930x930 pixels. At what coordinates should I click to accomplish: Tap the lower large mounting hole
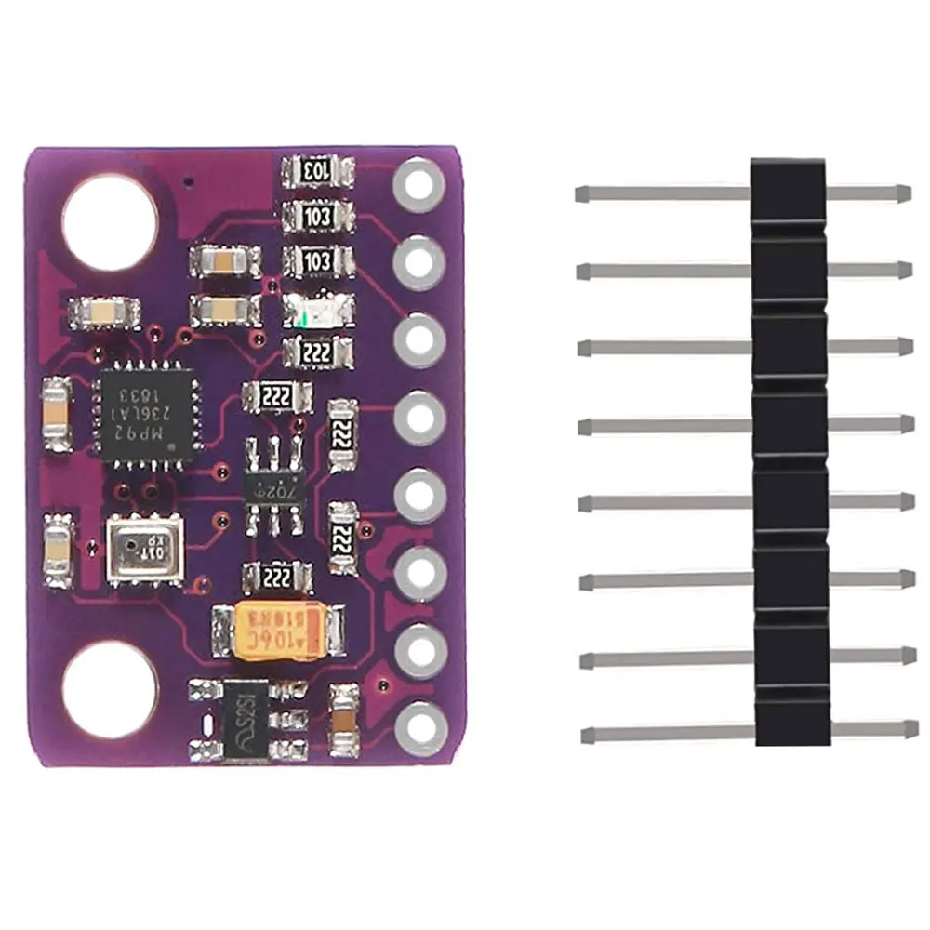click(109, 689)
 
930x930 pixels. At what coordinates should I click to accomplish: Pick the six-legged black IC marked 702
click(273, 485)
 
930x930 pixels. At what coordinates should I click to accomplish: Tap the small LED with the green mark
click(317, 309)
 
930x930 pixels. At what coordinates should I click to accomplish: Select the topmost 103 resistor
click(317, 172)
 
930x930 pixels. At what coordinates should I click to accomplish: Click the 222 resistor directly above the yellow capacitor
click(276, 578)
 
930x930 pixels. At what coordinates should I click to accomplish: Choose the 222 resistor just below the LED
click(317, 352)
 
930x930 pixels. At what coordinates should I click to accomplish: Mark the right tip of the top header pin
click(906, 193)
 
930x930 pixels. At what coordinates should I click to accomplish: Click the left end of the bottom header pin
click(586, 736)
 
